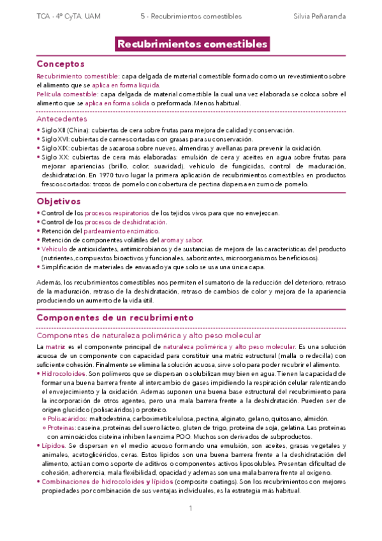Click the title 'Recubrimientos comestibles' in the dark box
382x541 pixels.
[x=191, y=44]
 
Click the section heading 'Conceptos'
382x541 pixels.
[x=61, y=64]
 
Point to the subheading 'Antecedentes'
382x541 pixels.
[x=62, y=119]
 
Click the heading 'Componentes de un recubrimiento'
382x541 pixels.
[x=115, y=316]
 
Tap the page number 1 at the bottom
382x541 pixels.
[x=191, y=508]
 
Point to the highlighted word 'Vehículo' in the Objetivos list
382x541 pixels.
[x=55, y=249]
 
